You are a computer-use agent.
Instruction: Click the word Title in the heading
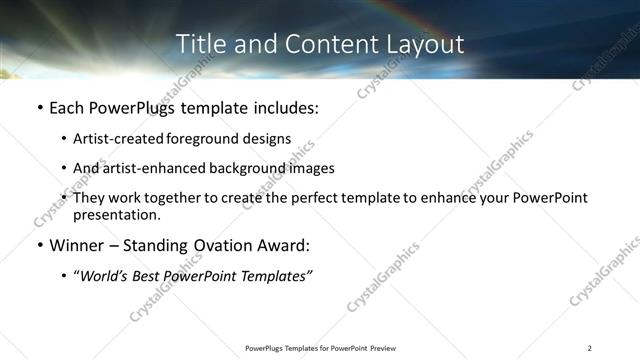pyautogui.click(x=199, y=44)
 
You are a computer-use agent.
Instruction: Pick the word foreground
pyautogui.click(x=200, y=139)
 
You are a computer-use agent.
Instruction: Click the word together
pyautogui.click(x=171, y=198)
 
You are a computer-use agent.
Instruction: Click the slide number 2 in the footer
pyautogui.click(x=590, y=348)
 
